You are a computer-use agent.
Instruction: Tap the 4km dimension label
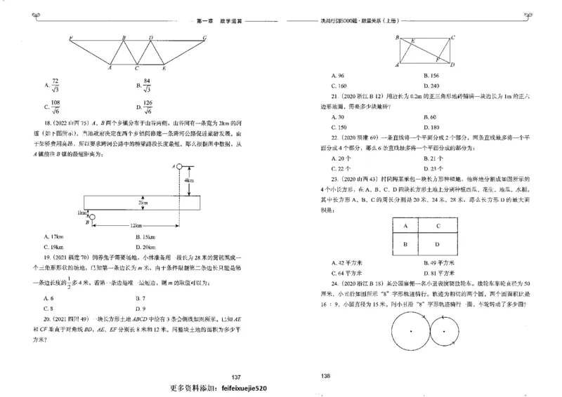coord(188,180)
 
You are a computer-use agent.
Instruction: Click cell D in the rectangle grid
coord(438,244)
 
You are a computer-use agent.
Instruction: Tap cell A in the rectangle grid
coord(406,226)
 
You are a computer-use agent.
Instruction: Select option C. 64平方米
coord(346,272)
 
